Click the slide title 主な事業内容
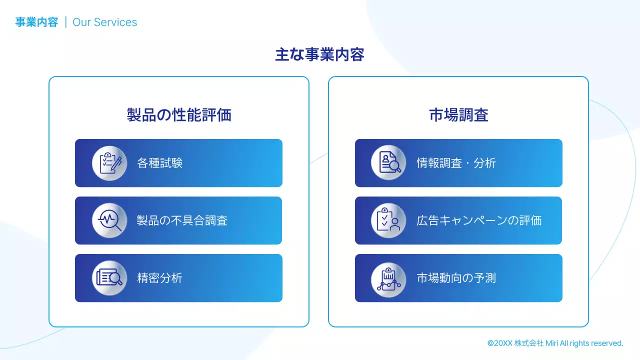click(319, 54)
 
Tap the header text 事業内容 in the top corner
click(36, 22)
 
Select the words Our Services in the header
click(104, 22)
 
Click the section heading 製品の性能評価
click(179, 115)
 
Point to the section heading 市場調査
click(458, 115)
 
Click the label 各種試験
click(159, 163)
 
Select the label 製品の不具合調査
click(182, 220)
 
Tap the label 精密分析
click(159, 278)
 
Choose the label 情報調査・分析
click(456, 163)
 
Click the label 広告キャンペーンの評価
click(479, 220)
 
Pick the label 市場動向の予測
click(456, 278)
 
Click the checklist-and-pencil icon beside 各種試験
click(109, 163)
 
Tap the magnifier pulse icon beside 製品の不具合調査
click(109, 220)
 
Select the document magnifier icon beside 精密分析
click(109, 278)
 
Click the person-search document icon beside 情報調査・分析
click(388, 163)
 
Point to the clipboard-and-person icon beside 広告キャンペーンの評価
click(388, 220)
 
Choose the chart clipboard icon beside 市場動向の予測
click(388, 278)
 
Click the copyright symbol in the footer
click(490, 343)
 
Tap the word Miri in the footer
click(551, 343)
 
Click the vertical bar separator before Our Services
click(65, 22)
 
